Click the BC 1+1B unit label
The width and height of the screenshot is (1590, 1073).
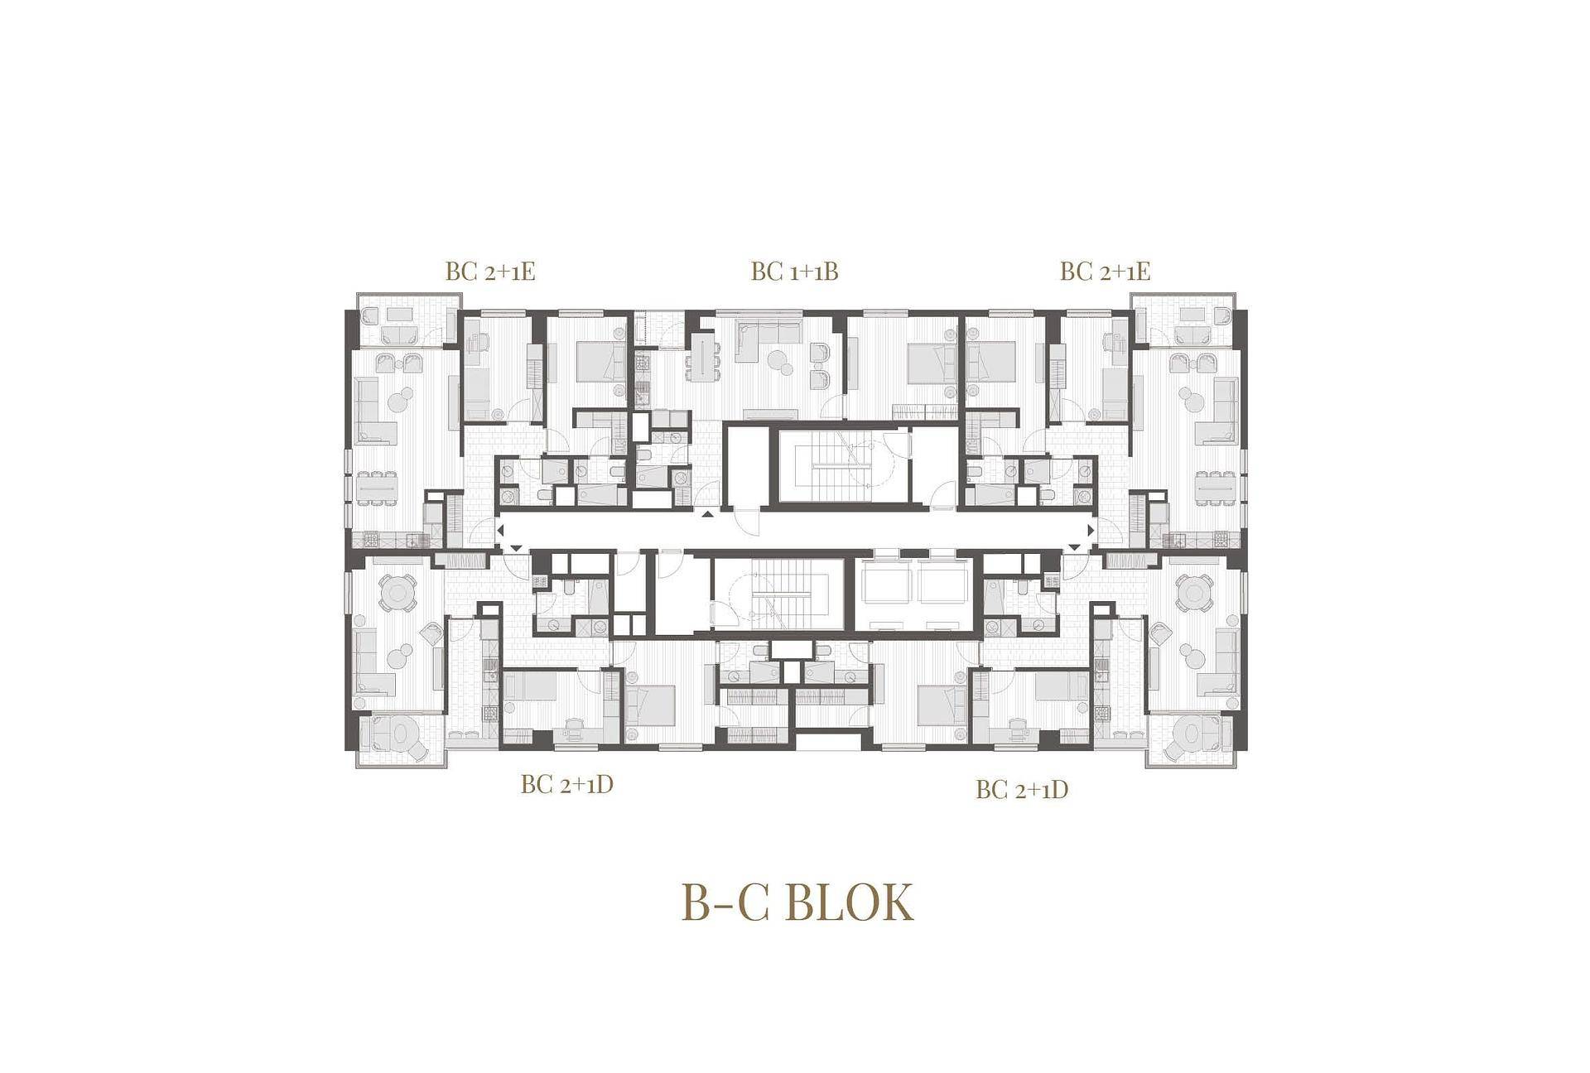(x=794, y=272)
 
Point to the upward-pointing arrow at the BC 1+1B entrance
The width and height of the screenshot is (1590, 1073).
(x=706, y=515)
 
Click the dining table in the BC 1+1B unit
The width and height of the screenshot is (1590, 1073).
(x=702, y=357)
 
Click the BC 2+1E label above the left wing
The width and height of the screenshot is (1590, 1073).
(x=490, y=272)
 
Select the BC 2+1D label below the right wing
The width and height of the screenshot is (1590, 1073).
(x=1022, y=790)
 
